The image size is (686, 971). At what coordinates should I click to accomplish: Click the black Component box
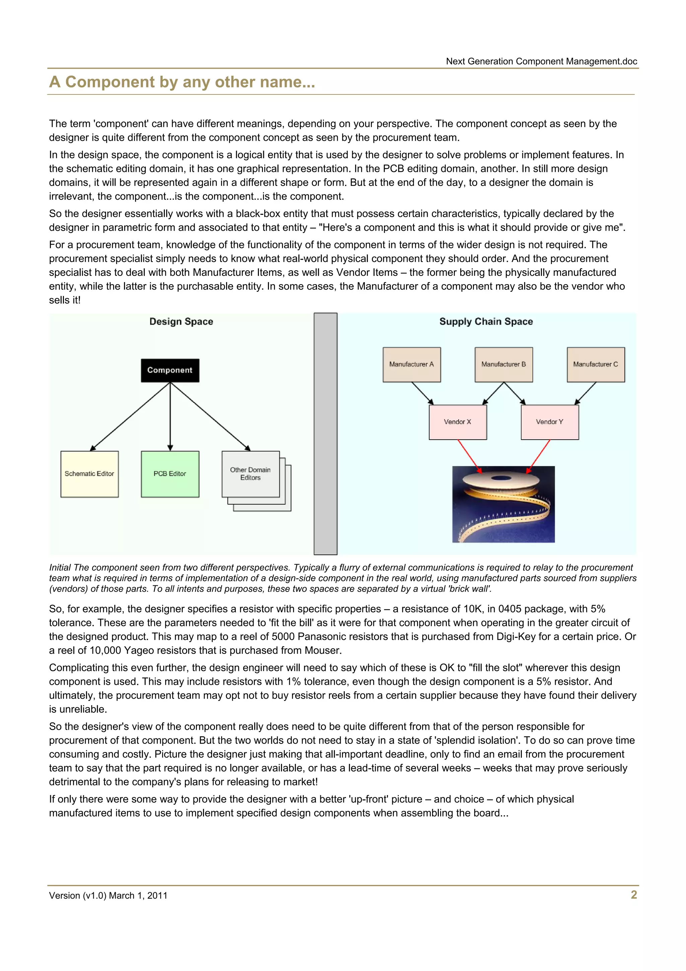click(170, 371)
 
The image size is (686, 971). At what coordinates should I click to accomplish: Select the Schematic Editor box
click(90, 474)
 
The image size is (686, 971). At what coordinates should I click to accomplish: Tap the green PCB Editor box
click(170, 474)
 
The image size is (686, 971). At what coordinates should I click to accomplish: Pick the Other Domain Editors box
click(251, 474)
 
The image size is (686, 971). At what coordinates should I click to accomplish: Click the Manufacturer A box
click(412, 365)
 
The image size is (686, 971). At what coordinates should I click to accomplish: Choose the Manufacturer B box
click(503, 365)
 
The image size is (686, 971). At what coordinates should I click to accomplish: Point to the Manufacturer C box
click(596, 365)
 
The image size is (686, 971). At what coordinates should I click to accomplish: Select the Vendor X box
click(458, 422)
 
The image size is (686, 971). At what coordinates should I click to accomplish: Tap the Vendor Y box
click(549, 422)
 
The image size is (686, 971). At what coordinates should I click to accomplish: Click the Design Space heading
click(181, 321)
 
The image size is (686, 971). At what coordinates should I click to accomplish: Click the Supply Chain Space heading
click(486, 321)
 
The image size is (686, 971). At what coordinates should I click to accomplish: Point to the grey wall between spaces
click(326, 434)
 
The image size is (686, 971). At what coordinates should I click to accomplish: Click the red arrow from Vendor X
click(469, 456)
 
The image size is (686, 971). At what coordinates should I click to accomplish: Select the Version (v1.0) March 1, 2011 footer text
click(108, 895)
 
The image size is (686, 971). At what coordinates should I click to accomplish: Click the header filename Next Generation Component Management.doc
click(541, 61)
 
